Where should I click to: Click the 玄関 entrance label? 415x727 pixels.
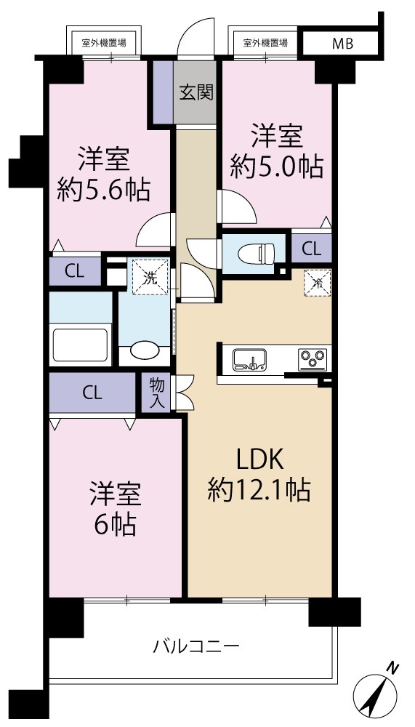(x=196, y=93)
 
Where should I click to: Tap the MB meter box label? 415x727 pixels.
(x=342, y=44)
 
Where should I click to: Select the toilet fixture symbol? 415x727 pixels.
(x=257, y=254)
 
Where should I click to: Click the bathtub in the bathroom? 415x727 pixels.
(x=81, y=345)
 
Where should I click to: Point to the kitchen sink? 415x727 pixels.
(x=249, y=359)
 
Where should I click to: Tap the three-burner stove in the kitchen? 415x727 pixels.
(x=313, y=359)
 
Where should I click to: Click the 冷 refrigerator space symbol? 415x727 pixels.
(x=317, y=282)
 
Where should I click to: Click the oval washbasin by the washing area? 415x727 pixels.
(x=144, y=350)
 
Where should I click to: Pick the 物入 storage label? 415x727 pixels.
(x=157, y=393)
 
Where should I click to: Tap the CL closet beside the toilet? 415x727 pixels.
(x=311, y=249)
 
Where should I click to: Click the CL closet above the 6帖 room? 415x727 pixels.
(x=92, y=393)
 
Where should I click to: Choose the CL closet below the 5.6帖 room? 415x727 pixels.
(x=75, y=271)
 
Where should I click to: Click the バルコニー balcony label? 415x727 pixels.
(x=197, y=645)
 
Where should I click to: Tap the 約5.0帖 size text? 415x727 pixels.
(x=277, y=167)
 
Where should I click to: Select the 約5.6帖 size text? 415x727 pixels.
(x=103, y=189)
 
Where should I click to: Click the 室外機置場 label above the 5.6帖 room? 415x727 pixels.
(x=104, y=43)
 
